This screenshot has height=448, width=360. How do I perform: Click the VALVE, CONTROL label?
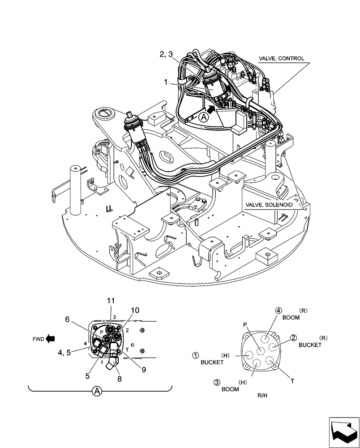pyautogui.click(x=282, y=58)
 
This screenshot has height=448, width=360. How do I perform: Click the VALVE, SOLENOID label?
pyautogui.click(x=269, y=204)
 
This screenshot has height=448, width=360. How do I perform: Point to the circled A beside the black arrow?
pyautogui.click(x=204, y=117)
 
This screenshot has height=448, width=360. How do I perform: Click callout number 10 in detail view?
pyautogui.click(x=135, y=310)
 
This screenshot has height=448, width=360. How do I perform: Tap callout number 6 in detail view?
pyautogui.click(x=68, y=319)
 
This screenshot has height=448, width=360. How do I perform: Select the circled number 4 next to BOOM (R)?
pyautogui.click(x=278, y=310)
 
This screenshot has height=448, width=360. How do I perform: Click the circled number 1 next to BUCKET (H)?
pyautogui.click(x=195, y=356)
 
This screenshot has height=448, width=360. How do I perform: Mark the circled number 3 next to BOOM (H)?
pyautogui.click(x=216, y=382)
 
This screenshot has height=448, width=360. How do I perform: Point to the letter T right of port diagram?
pyautogui.click(x=292, y=381)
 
